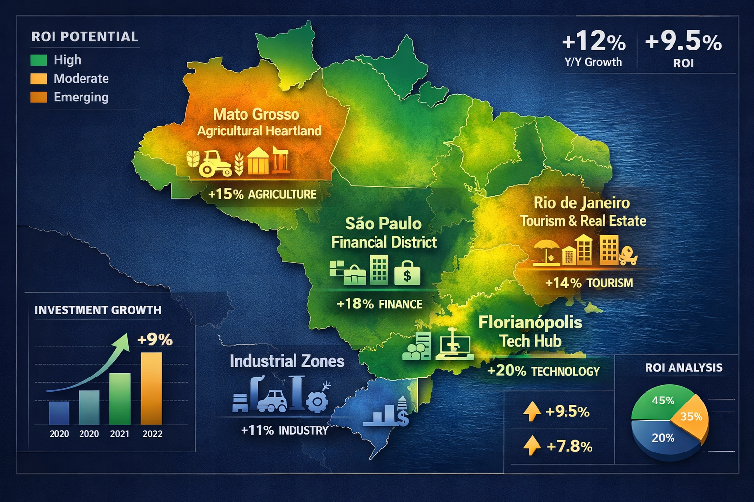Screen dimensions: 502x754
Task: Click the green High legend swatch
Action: pyautogui.click(x=39, y=60)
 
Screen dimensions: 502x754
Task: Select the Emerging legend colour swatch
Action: pyautogui.click(x=39, y=97)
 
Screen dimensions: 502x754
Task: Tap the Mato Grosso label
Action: pyautogui.click(x=256, y=114)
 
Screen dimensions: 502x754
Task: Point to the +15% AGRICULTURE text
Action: pyautogui.click(x=262, y=194)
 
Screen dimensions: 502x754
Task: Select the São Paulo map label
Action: pyautogui.click(x=383, y=224)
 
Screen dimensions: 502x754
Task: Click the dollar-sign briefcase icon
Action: pyautogui.click(x=407, y=273)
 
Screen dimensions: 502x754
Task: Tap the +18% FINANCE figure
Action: pyautogui.click(x=379, y=304)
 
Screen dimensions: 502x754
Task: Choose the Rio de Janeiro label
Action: pyautogui.click(x=581, y=203)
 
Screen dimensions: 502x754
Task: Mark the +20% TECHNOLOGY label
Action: pyautogui.click(x=543, y=371)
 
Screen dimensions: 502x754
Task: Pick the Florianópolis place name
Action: pyautogui.click(x=530, y=323)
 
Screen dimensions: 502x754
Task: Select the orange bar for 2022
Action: pyautogui.click(x=151, y=388)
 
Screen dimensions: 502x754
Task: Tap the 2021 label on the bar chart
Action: pyautogui.click(x=120, y=434)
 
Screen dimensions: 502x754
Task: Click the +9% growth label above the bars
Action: pyautogui.click(x=155, y=339)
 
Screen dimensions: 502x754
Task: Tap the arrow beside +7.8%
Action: pyautogui.click(x=532, y=446)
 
